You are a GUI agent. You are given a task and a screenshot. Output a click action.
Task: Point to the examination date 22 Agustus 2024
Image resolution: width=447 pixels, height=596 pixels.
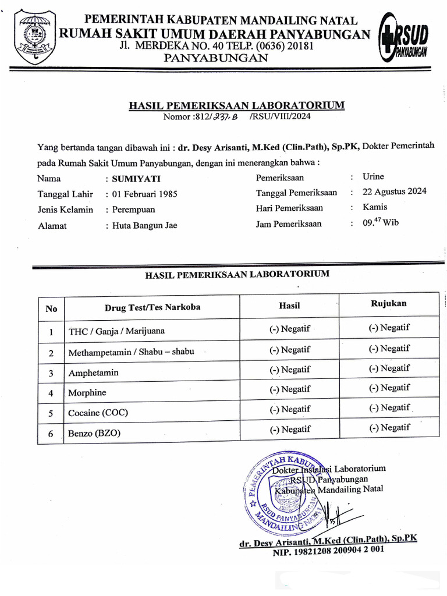(x=394, y=191)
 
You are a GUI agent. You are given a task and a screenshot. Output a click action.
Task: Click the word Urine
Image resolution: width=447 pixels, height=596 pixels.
(x=373, y=176)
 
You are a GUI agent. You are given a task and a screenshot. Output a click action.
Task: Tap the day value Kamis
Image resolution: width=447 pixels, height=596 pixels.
(x=374, y=207)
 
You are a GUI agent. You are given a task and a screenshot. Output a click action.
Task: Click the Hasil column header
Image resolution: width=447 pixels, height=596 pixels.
(x=289, y=305)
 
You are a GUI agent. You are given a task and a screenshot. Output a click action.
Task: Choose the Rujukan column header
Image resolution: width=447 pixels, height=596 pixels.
(x=388, y=303)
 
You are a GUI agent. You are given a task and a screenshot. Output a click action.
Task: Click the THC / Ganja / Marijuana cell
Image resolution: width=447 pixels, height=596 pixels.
(x=116, y=331)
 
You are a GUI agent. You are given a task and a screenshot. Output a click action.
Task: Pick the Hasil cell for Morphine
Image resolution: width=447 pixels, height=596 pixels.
(x=289, y=389)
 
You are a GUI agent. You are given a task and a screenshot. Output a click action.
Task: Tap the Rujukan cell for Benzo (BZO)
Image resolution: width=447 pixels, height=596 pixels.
(x=389, y=427)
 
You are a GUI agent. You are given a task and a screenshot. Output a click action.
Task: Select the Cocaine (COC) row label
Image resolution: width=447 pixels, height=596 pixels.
(x=98, y=413)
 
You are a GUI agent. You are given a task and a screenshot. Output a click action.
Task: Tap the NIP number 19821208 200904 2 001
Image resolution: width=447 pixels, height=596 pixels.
(x=328, y=548)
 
